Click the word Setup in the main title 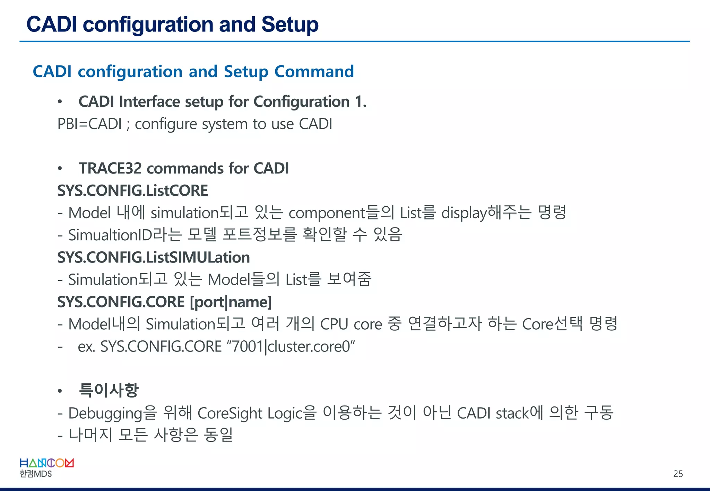[290, 25]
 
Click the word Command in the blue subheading [314, 72]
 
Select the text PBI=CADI [89, 124]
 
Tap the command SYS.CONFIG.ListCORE [132, 191]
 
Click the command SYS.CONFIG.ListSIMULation [153, 258]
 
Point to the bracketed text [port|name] [231, 302]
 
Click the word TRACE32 [110, 169]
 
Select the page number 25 [678, 474]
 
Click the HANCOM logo [47, 463]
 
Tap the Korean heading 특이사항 [109, 390]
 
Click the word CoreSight [230, 413]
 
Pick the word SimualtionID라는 [125, 235]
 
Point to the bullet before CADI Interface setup [60, 102]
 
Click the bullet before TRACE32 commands [60, 169]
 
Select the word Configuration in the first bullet [301, 102]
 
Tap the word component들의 [341, 213]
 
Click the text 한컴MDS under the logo [36, 474]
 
